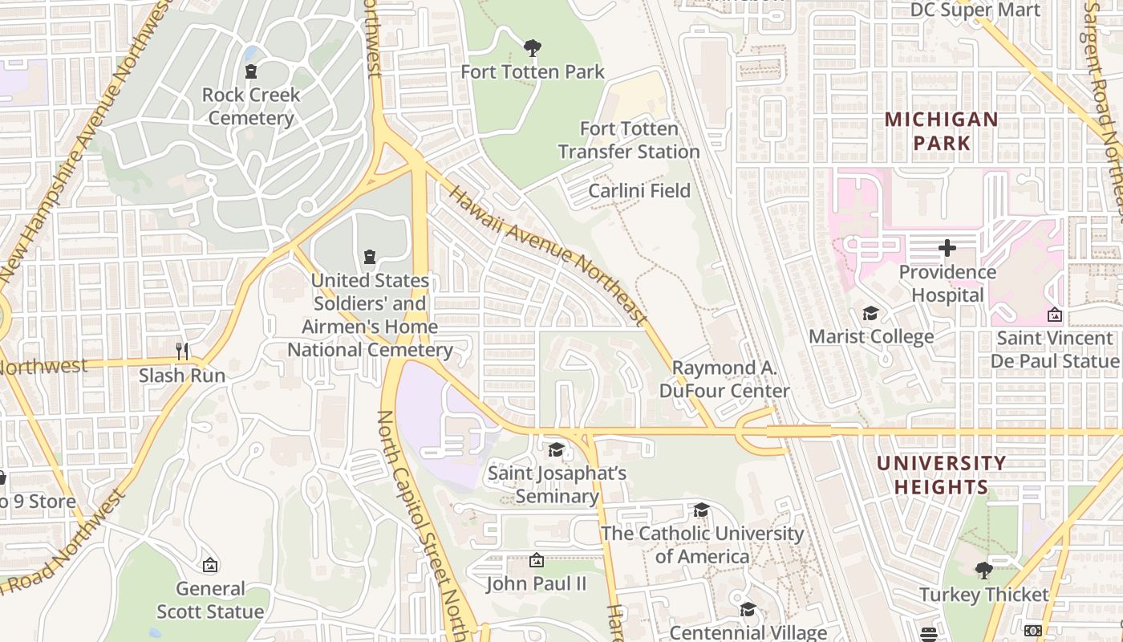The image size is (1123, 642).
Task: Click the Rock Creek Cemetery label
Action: [x=250, y=106]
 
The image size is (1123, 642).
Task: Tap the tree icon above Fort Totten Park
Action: [x=532, y=49]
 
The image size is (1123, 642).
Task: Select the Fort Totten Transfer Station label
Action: [x=629, y=140]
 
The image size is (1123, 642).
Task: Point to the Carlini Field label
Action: [x=639, y=191]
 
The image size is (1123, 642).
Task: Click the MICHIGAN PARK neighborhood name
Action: [x=941, y=132]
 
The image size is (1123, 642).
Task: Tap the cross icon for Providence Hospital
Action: [x=947, y=248]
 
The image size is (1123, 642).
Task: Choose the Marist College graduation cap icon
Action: [x=870, y=313]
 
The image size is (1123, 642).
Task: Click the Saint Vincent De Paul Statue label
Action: [x=1054, y=350]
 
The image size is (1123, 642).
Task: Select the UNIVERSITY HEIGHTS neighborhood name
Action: [x=941, y=475]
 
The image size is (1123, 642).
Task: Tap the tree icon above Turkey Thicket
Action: [x=984, y=571]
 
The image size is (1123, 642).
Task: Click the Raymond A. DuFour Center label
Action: [x=724, y=380]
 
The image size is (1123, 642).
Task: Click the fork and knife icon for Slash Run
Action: [x=182, y=351]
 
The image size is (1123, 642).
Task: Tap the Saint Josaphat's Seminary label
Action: [x=557, y=485]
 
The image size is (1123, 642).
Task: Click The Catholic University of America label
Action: [x=702, y=545]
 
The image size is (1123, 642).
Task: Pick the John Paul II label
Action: [x=537, y=583]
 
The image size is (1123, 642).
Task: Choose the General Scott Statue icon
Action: [x=210, y=565]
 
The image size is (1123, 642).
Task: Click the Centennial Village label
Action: [x=748, y=633]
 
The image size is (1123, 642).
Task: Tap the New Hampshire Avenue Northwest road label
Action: [x=76, y=144]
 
